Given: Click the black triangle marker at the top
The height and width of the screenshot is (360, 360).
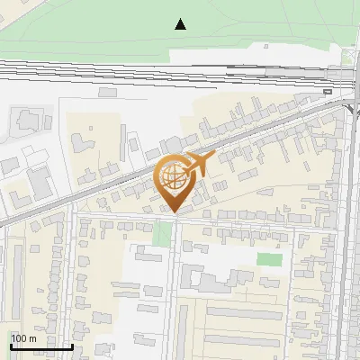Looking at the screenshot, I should [181, 24].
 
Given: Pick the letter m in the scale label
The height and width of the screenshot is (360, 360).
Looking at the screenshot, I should [33, 338].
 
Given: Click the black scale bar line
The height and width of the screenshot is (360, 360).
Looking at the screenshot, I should [40, 346].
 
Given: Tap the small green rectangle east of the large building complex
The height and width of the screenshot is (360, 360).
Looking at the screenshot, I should [269, 259].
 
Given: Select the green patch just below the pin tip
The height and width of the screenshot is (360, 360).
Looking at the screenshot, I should [162, 233].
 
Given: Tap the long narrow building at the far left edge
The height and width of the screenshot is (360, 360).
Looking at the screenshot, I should [18, 270].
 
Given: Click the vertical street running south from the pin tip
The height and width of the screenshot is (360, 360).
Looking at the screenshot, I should [175, 288].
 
